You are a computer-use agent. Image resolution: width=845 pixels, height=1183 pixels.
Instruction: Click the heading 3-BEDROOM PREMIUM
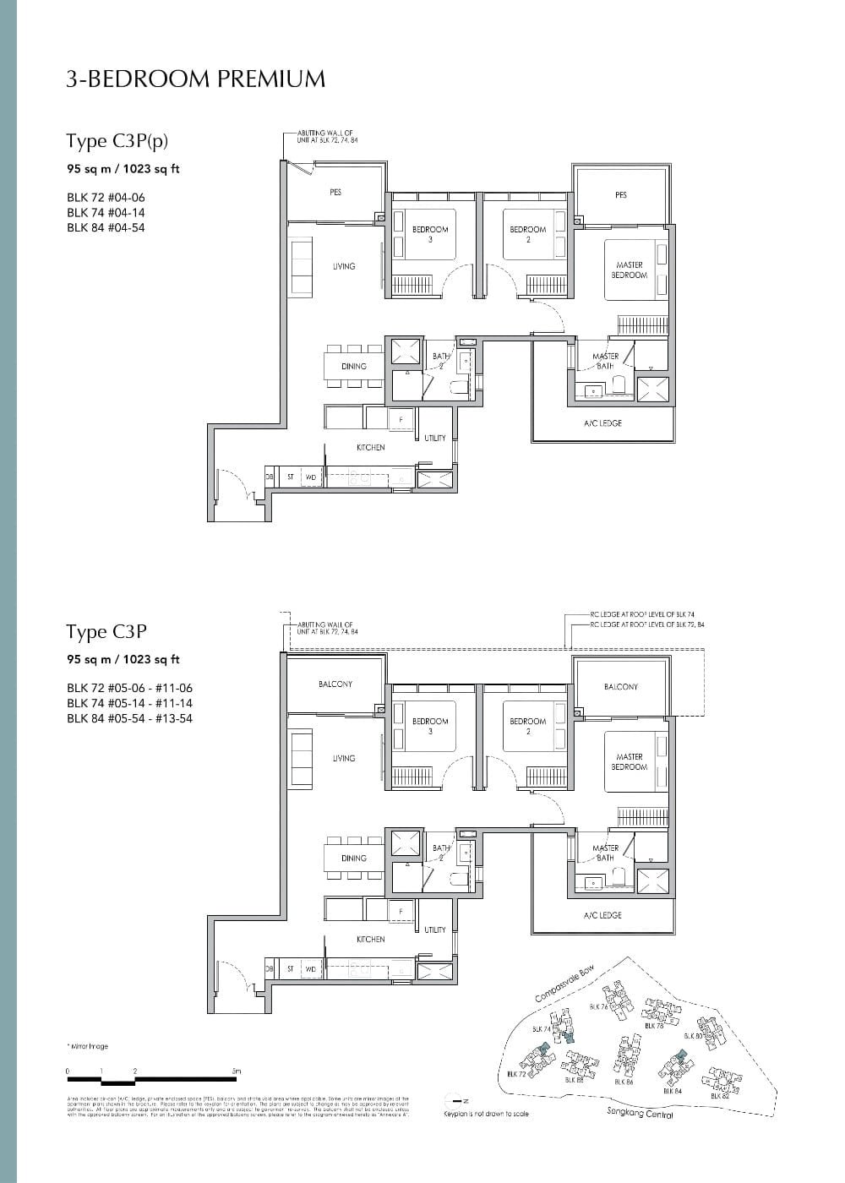point(195,79)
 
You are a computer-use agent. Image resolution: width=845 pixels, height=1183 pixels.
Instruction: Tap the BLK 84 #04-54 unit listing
point(106,227)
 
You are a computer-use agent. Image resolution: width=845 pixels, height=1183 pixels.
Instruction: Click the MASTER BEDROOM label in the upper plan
point(630,270)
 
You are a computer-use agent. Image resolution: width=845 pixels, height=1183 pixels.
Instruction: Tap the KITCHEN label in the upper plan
point(370,447)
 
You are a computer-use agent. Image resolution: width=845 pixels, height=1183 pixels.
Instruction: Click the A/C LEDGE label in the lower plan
point(602,915)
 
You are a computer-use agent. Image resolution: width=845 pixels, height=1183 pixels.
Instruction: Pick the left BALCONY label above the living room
point(335,684)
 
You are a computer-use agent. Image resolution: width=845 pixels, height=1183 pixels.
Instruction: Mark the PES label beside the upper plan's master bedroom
point(621,195)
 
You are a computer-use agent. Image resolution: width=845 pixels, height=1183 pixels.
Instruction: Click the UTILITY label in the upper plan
point(435,438)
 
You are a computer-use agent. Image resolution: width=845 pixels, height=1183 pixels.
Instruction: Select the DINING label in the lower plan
point(354,858)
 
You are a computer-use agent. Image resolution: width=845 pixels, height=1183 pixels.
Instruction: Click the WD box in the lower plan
point(310,969)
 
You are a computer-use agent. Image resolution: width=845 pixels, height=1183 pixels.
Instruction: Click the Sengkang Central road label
point(640,1114)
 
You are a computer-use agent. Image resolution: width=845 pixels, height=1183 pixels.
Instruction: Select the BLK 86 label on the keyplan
point(624,1081)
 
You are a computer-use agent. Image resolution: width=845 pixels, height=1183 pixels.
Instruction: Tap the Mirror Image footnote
point(87,1046)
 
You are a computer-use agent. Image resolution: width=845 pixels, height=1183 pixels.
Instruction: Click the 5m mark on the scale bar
point(237,1071)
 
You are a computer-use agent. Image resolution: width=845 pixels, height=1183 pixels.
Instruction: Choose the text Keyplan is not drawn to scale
point(486,1114)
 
